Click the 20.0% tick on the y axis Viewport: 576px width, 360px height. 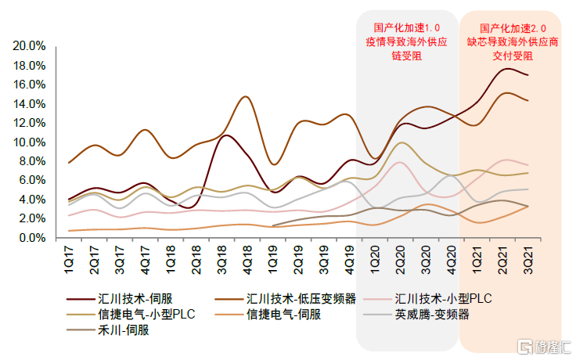click(x=28, y=46)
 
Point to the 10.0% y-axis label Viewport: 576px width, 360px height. click(x=28, y=142)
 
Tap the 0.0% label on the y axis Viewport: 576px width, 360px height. click(x=31, y=238)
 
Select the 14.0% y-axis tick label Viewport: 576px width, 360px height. click(x=28, y=104)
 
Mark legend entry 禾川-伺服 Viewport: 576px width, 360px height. click(x=121, y=330)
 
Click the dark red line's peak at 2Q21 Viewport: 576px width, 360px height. click(x=506, y=69)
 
